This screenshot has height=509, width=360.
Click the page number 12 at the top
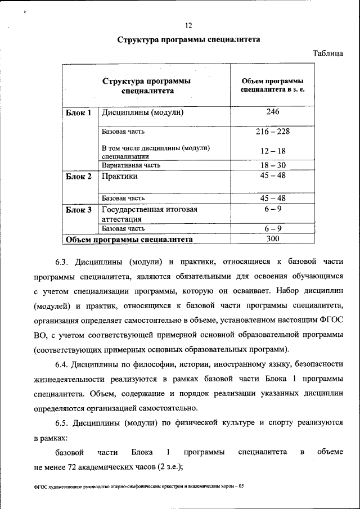click(188, 25)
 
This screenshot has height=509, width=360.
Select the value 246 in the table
click(273, 112)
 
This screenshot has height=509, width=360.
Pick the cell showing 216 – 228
click(273, 132)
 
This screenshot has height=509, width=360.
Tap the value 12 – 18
click(273, 151)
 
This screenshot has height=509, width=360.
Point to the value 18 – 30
click(273, 165)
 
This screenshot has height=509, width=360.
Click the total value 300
click(273, 239)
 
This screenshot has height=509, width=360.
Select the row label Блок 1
click(78, 112)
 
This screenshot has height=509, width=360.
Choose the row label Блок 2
click(78, 177)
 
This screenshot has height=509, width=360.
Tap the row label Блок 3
click(78, 210)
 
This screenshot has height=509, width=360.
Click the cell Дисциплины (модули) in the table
click(143, 112)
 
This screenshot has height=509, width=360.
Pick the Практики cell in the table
click(120, 177)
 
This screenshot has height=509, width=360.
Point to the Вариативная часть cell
click(131, 165)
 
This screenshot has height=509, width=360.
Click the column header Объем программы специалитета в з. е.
click(273, 85)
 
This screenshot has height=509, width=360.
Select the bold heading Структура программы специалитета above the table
click(188, 40)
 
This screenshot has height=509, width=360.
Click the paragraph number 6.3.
click(61, 263)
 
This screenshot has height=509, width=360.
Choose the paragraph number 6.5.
click(61, 422)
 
